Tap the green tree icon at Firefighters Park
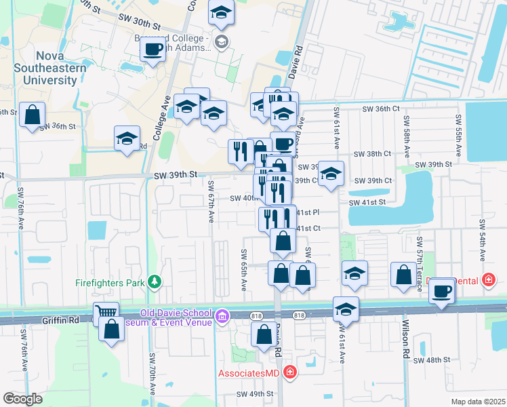pos(155,281)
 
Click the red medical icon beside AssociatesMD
pos(290,372)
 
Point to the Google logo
pos(22,399)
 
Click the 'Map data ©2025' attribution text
pos(478,402)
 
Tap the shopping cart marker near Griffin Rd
pos(106,313)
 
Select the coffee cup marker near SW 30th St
pos(154,51)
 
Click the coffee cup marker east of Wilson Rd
pos(443,292)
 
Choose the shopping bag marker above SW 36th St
pos(32,115)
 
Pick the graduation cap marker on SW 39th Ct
pos(330,174)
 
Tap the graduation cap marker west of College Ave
pos(127,139)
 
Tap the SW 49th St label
pos(255,393)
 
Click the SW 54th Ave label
pos(482,241)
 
